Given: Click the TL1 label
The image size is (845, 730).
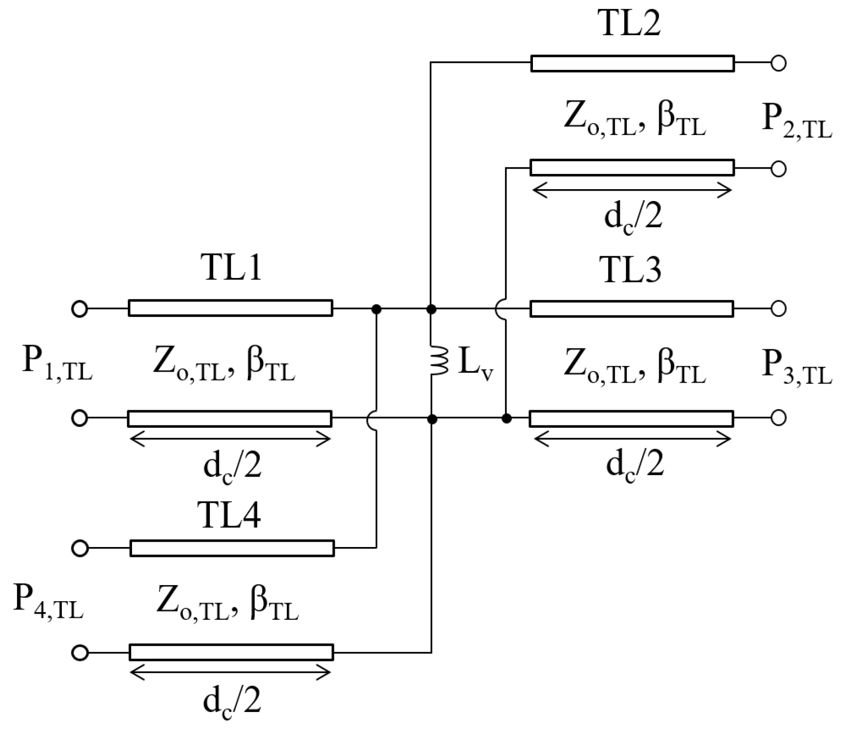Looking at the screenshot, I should click(231, 268).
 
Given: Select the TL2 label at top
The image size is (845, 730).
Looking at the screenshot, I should click(631, 23).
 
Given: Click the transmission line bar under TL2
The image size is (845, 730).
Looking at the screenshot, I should click(632, 64).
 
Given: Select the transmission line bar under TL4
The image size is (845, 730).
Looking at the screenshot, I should click(232, 548).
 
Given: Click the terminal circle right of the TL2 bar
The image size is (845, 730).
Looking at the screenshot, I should click(778, 63).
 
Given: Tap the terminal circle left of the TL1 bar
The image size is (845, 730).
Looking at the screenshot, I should click(79, 309).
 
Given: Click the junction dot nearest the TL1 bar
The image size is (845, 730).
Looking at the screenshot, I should click(376, 309).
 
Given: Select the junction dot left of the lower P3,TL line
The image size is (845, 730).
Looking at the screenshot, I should click(507, 419).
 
